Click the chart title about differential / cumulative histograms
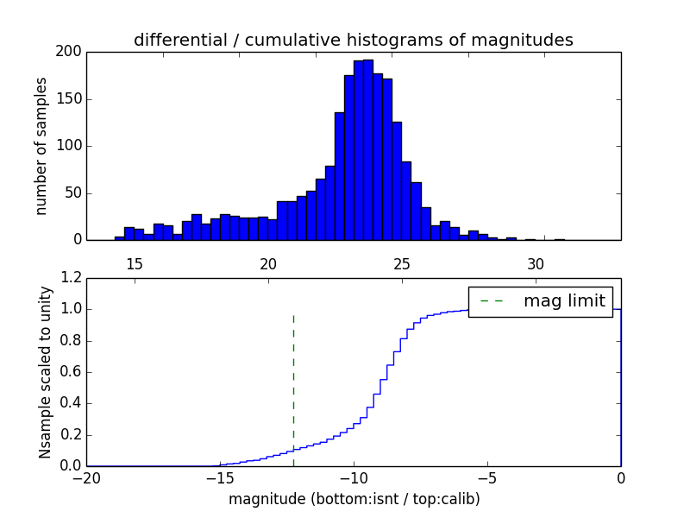[x=353, y=40]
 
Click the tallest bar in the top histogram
[x=368, y=150]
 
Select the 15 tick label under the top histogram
[x=134, y=263]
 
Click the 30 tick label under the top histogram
[x=536, y=263]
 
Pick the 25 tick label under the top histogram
[x=402, y=263]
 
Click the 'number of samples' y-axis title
[x=41, y=146]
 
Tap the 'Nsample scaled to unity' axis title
[x=45, y=372]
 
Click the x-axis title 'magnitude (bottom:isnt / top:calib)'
[x=354, y=499]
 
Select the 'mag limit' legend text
[x=564, y=300]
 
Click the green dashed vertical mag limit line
[x=294, y=380]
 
